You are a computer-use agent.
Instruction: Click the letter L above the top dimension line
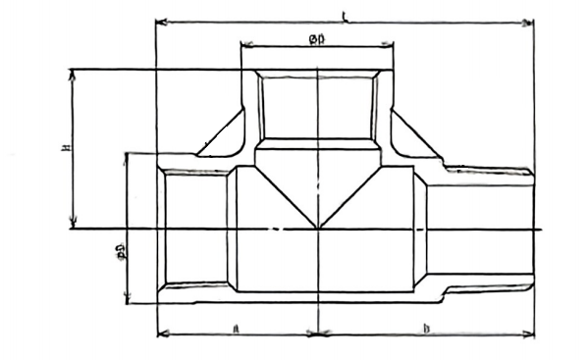pos(345,15)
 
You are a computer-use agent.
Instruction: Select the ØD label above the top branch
pos(317,38)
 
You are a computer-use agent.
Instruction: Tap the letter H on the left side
pos(64,148)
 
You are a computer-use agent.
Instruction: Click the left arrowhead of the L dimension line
pos(160,21)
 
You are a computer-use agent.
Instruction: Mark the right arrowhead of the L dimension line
pos(530,21)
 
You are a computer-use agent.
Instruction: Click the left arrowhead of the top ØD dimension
pos(244,45)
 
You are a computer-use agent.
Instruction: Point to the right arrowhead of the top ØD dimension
pos(390,45)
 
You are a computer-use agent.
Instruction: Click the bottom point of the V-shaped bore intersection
pos(318,229)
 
